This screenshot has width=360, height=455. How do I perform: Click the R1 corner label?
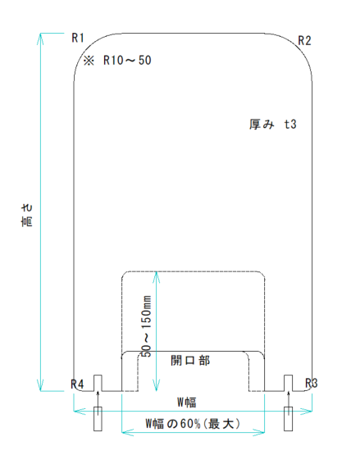78,38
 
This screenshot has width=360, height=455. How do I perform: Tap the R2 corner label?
304,41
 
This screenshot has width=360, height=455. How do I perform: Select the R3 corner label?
312,384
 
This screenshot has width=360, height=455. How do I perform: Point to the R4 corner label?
77,384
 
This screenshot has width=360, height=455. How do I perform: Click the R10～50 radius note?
127,61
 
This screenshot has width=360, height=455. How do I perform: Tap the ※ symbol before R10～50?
89,61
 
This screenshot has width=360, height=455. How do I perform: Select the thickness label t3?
290,124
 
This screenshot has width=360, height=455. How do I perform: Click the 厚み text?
262,124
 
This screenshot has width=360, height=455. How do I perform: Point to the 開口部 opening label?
190,361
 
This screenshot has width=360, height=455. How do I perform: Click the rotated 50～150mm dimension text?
147,325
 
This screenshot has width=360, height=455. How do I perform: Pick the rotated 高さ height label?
27,215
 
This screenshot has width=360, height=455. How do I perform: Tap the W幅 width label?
187,403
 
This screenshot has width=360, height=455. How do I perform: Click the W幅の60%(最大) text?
193,424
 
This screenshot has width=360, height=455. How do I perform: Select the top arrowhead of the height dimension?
40,39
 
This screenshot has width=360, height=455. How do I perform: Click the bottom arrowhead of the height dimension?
40,385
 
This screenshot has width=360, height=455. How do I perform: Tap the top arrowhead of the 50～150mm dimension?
157,277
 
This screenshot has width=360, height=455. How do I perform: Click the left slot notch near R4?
98,383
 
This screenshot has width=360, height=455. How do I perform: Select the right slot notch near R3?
289,383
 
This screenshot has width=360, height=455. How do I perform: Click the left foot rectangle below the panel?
98,419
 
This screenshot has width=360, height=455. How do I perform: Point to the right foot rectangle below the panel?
289,419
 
